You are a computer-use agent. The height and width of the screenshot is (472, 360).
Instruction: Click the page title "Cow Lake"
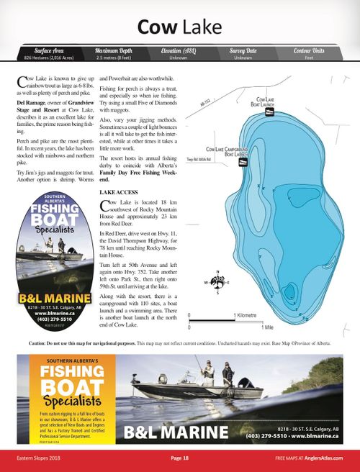tap(180, 27)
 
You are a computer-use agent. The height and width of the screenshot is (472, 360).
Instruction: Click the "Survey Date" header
tap(243, 50)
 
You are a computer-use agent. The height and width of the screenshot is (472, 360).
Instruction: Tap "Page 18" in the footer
tap(179, 458)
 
